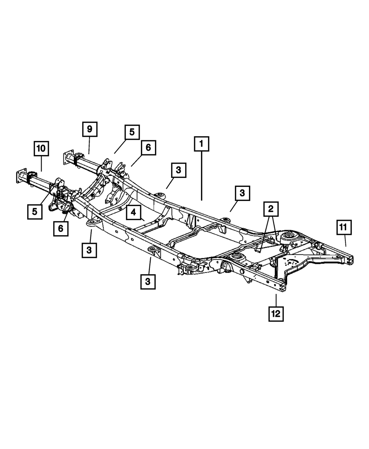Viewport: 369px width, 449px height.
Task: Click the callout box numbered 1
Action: coord(201,144)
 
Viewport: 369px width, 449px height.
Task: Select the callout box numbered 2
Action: coord(270,209)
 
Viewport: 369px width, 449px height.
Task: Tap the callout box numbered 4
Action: coord(133,213)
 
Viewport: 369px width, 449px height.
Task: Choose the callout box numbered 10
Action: coord(41,148)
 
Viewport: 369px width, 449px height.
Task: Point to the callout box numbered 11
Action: coord(344,227)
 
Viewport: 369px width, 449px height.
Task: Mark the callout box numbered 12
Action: coord(276,314)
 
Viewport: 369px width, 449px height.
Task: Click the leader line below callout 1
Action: coord(201,175)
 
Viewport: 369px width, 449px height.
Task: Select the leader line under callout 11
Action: coord(345,241)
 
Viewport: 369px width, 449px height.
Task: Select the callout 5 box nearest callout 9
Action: coord(132,132)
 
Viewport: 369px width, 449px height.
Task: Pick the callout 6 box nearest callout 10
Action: coord(60,228)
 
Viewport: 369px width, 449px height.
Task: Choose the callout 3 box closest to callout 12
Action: coord(148,282)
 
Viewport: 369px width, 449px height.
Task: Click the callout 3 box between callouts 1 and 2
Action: coord(242,193)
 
